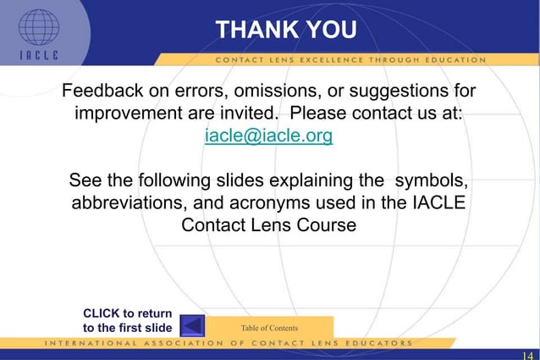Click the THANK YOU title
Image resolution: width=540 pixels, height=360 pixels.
pos(286,31)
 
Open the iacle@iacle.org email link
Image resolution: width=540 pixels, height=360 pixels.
pos(268,136)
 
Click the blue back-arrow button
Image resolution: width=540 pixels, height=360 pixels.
pos(192,326)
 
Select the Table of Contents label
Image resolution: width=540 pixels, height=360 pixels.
pos(269,328)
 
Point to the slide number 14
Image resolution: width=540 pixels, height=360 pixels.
pos(528,352)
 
